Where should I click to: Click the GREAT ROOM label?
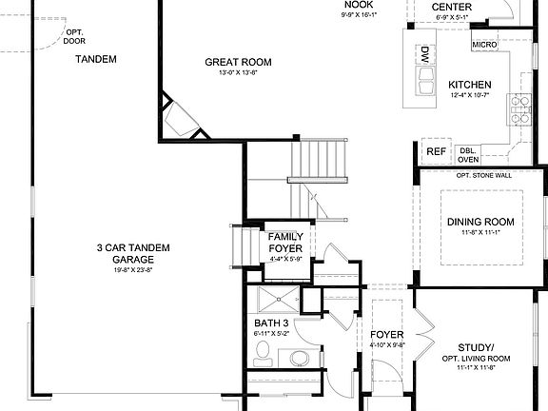(238, 63)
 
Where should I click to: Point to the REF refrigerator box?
(436, 151)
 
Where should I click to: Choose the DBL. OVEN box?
(468, 154)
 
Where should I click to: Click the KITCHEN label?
(469, 85)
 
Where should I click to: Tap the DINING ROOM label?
(479, 222)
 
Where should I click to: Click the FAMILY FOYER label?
(285, 243)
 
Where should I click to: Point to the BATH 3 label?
(271, 324)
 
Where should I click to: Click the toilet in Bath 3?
(264, 359)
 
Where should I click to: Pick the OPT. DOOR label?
(74, 36)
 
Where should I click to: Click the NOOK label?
(359, 5)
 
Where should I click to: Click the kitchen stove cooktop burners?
(521, 109)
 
